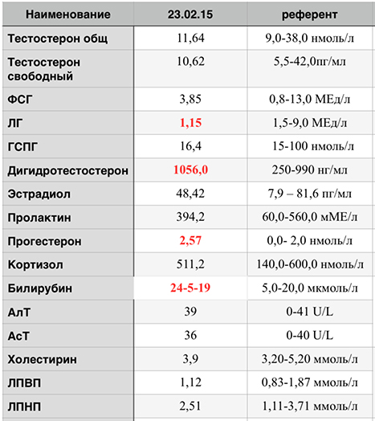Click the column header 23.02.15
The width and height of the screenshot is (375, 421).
click(x=190, y=14)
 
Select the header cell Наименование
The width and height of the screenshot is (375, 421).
click(x=68, y=14)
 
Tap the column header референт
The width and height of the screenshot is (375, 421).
click(x=309, y=15)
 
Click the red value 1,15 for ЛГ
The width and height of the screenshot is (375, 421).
click(x=190, y=123)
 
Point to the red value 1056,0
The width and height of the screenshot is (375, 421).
click(x=190, y=170)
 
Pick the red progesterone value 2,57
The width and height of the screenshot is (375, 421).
click(x=190, y=240)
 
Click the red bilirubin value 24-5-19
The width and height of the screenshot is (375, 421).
click(x=190, y=288)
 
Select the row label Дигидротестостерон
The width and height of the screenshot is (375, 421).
click(x=68, y=171)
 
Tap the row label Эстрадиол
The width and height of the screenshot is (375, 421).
click(x=39, y=194)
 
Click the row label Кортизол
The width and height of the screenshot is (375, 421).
click(x=35, y=265)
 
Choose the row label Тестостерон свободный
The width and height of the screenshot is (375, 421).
click(x=44, y=69)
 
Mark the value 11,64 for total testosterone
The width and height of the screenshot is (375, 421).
click(x=190, y=39)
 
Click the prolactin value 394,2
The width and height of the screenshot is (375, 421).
click(x=190, y=217)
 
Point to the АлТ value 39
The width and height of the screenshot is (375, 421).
click(x=190, y=312)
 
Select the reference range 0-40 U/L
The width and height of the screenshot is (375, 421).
click(x=309, y=335)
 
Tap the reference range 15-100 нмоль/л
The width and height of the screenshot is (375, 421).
click(x=313, y=146)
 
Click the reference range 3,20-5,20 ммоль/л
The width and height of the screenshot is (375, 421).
click(x=309, y=359)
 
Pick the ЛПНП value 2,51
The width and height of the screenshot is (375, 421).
click(x=190, y=406)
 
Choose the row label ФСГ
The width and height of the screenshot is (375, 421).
click(x=20, y=100)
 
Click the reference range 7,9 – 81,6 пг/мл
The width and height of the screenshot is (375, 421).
click(x=309, y=194)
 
